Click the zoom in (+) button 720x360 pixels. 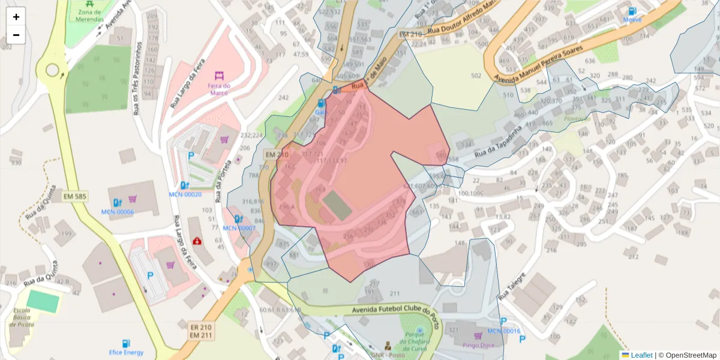point(16,17)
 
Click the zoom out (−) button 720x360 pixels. point(16,35)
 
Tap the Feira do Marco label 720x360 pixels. point(219,89)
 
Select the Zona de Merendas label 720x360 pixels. point(89,15)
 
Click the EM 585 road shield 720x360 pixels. point(75,196)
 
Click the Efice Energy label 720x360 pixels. point(126,352)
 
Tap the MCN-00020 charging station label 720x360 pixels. point(185,194)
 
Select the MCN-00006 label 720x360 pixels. point(118,212)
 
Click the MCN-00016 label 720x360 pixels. point(503,331)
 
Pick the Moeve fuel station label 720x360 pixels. point(632,19)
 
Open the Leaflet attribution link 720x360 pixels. point(641,355)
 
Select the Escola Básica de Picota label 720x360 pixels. point(22,317)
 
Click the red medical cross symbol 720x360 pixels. point(197,241)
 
